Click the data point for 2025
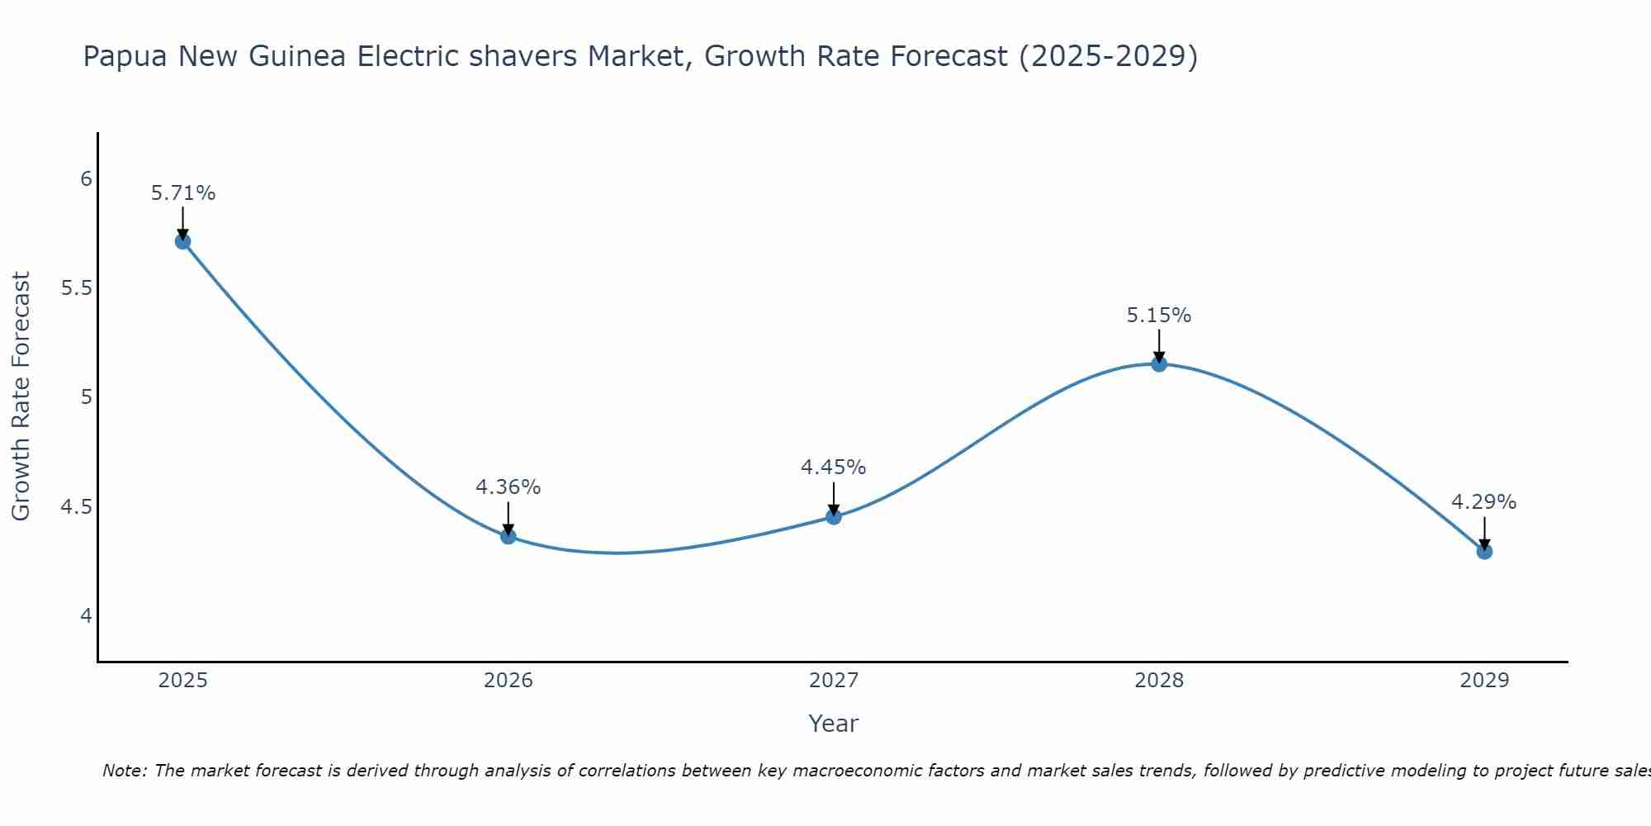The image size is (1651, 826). click(182, 241)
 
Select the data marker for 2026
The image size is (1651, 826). click(508, 536)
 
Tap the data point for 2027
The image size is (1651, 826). click(834, 517)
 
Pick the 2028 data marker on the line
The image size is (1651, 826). click(1159, 363)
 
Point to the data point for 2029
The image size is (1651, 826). click(1484, 551)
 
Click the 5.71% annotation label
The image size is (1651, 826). click(182, 193)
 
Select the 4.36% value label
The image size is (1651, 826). click(508, 487)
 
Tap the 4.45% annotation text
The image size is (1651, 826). click(833, 468)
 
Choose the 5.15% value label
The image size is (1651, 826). click(1159, 316)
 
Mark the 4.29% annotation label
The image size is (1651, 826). click(1483, 502)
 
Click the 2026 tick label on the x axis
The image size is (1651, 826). click(508, 681)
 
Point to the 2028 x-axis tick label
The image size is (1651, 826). click(1159, 681)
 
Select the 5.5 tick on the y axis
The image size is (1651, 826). click(76, 288)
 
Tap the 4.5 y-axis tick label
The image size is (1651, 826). click(76, 506)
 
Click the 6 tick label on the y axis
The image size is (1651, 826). click(86, 179)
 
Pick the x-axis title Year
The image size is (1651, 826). click(833, 724)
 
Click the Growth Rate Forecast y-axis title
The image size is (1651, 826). click(21, 396)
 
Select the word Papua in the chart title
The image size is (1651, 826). click(125, 56)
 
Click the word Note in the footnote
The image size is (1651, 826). click(124, 771)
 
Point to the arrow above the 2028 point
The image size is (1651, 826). click(1159, 345)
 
